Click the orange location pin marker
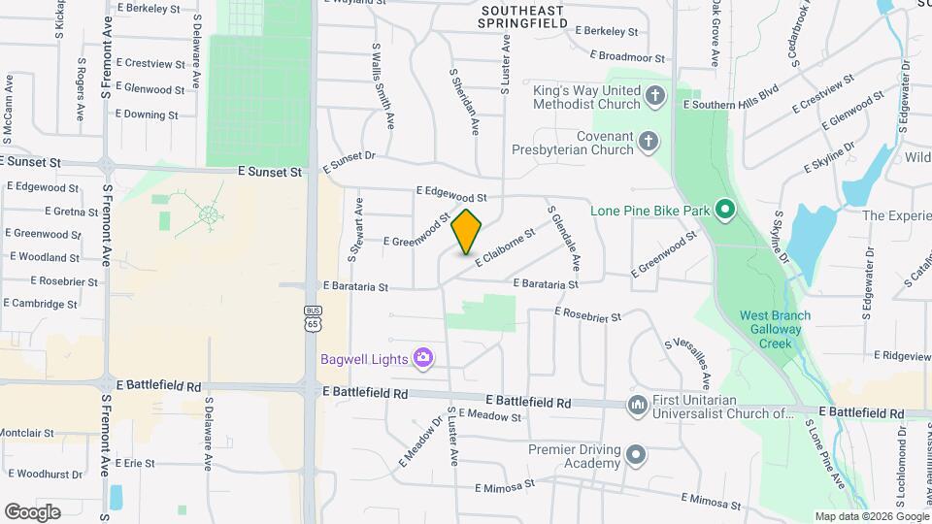[x=467, y=231]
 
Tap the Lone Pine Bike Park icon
[x=723, y=210]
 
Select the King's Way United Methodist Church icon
[x=655, y=96]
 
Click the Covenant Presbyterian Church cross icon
[x=649, y=144]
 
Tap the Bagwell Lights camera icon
[x=422, y=359]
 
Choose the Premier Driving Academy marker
[x=636, y=454]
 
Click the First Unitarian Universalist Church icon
[x=638, y=405]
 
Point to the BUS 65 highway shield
[x=312, y=318]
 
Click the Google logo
[x=32, y=512]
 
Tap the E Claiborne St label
[x=505, y=247]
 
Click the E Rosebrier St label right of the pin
[x=587, y=313]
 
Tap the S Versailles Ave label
[x=687, y=363]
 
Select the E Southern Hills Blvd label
[x=731, y=103]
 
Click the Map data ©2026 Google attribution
[x=871, y=516]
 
